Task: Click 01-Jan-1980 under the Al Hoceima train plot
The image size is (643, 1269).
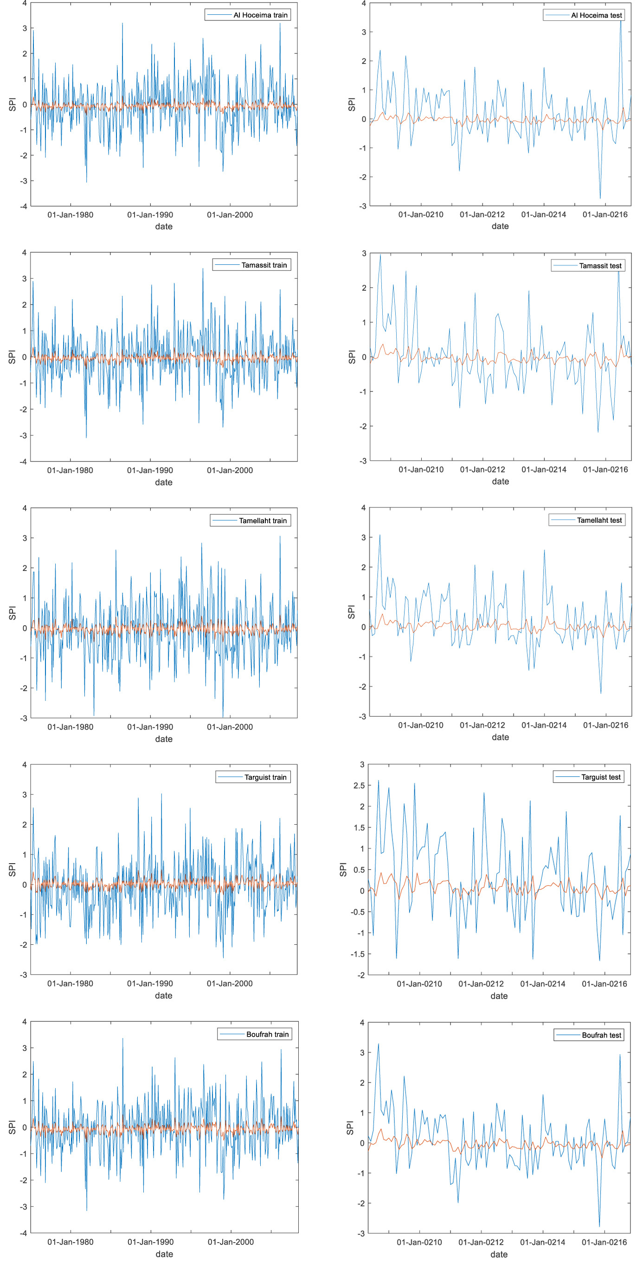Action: click(70, 215)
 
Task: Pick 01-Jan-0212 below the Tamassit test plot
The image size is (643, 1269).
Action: click(482, 469)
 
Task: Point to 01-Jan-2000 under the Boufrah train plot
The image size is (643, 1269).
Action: click(231, 1242)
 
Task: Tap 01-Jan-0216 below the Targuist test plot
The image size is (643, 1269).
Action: click(604, 984)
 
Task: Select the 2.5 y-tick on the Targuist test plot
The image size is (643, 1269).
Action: click(359, 785)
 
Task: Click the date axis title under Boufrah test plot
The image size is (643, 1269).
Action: click(499, 1254)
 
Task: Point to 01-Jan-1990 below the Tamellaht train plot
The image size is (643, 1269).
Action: click(150, 727)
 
